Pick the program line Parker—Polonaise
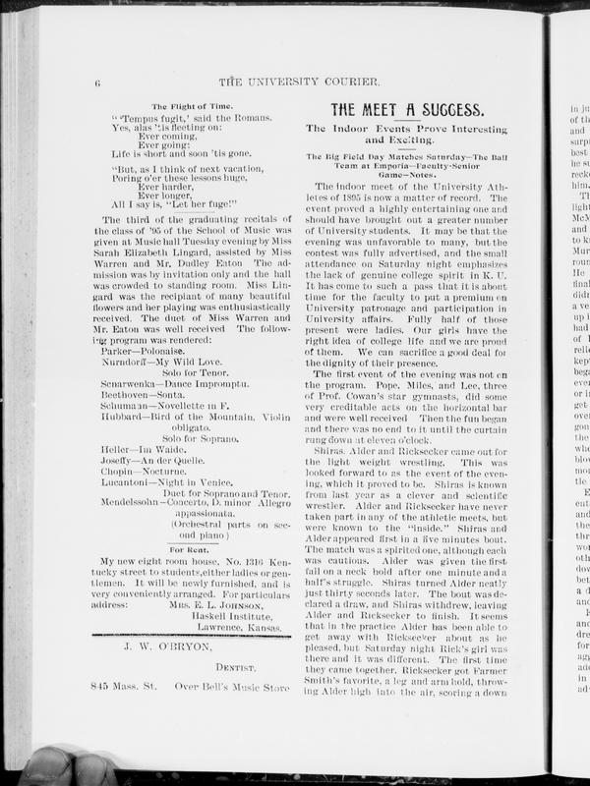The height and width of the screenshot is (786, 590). point(146,349)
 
